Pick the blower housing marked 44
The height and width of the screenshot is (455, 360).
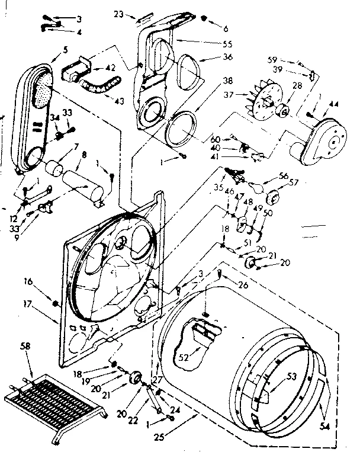coord(320,139)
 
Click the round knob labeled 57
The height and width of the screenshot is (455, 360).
coord(274,198)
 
